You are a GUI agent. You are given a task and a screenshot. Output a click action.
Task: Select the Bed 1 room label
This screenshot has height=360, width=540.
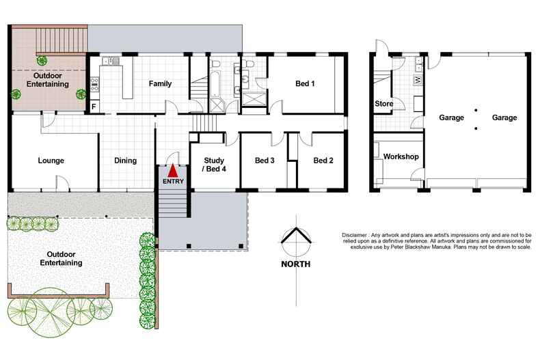click(x=305, y=84)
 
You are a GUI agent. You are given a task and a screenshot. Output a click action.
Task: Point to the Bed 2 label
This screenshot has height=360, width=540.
click(x=323, y=161)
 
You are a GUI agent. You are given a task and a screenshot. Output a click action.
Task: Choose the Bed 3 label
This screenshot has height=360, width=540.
click(x=265, y=161)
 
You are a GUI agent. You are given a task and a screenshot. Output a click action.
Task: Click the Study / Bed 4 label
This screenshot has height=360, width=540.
click(x=214, y=165)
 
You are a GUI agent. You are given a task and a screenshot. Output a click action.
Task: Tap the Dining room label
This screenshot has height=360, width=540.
click(x=125, y=161)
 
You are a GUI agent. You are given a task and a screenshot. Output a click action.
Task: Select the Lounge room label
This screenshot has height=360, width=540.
click(x=51, y=161)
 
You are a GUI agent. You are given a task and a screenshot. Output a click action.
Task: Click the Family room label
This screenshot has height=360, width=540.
click(x=160, y=84)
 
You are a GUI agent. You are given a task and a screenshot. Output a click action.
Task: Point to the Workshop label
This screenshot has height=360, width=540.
click(x=401, y=157)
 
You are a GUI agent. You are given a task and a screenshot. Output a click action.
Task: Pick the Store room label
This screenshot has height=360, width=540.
click(x=383, y=105)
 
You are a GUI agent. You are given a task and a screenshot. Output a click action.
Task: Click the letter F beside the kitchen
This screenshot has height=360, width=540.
click(x=94, y=107)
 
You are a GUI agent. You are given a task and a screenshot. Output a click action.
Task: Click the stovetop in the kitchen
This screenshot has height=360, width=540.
click(x=94, y=85)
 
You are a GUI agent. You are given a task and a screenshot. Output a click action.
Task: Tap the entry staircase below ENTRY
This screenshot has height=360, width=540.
click(x=173, y=202)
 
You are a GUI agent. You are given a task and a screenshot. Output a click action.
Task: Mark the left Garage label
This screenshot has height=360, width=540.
click(x=452, y=117)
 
